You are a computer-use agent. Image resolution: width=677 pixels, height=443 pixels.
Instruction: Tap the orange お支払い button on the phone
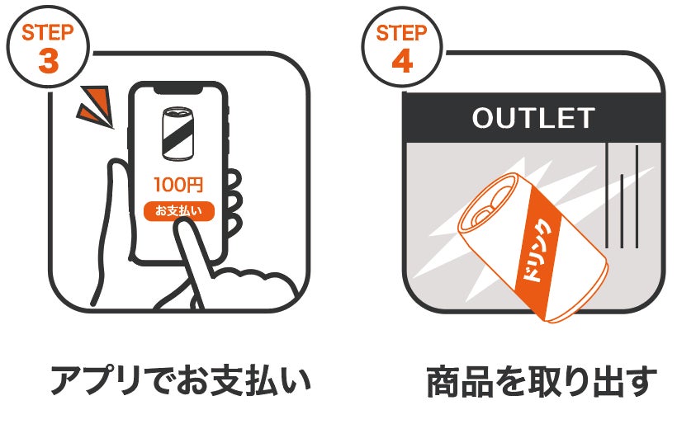pyautogui.click(x=179, y=210)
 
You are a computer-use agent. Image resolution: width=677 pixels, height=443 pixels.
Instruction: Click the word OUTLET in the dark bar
pyautogui.click(x=533, y=118)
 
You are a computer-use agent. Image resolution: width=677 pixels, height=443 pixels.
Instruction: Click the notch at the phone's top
pyautogui.click(x=179, y=88)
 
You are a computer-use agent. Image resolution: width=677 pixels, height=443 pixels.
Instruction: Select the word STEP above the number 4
pyautogui.click(x=402, y=34)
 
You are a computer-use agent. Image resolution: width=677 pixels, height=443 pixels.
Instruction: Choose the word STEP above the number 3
pyautogui.click(x=48, y=33)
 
